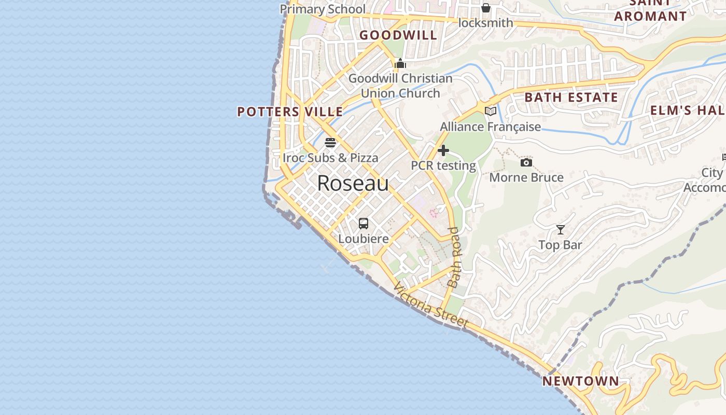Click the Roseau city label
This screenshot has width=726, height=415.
click(353, 183)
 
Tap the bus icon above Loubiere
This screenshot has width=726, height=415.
click(364, 224)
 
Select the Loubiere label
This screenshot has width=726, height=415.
click(364, 239)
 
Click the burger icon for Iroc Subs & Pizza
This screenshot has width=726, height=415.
click(330, 143)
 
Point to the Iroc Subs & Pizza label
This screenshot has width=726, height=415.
click(330, 158)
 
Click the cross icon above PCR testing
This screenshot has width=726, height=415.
click(443, 150)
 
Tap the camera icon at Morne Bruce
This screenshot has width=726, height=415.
click(526, 163)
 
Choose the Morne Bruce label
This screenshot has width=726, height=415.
click(526, 177)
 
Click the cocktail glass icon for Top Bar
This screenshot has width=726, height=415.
click(561, 229)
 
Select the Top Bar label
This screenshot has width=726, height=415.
click(560, 245)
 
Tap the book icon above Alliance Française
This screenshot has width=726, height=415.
click(490, 111)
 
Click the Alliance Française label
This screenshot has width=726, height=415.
click(490, 127)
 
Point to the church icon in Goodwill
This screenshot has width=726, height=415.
click(400, 64)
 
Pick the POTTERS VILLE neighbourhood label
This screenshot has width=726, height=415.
click(290, 112)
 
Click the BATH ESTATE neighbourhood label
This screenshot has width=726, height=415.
click(571, 98)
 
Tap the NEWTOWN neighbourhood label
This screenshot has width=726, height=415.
click(580, 381)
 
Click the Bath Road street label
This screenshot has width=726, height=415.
click(454, 257)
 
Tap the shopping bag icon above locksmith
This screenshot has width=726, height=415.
click(486, 8)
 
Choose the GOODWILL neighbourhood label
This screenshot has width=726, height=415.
click(398, 35)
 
